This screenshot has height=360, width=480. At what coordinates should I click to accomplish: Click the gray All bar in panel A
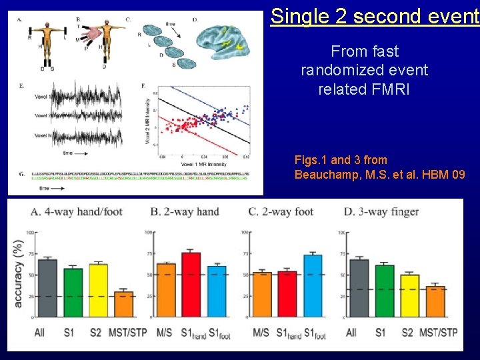[47, 288]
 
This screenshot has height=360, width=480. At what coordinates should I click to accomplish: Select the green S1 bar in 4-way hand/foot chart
[73, 293]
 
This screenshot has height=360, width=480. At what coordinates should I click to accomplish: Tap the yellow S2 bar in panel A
[99, 291]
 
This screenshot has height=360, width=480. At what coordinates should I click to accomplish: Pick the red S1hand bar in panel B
[191, 285]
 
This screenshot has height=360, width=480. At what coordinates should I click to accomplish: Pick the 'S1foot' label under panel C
[315, 333]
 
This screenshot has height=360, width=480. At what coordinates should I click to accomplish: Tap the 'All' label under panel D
[351, 333]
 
